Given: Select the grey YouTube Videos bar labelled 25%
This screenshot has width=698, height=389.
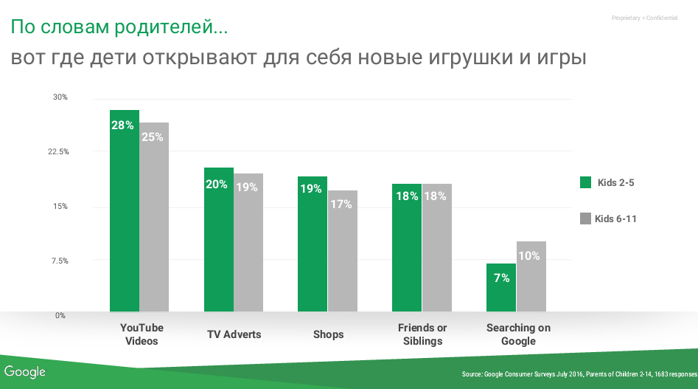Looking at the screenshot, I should pos(155,217).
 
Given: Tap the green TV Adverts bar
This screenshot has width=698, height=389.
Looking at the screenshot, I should pos(219,239).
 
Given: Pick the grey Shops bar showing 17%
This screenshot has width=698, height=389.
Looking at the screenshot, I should pos(343,251).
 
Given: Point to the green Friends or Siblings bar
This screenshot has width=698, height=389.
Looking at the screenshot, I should pos(407,247).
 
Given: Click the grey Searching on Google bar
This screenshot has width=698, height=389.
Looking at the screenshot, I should pos(531,276).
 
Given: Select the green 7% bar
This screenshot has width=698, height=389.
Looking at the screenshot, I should pos(501,287).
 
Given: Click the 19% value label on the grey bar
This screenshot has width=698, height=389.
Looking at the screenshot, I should pos(247,187).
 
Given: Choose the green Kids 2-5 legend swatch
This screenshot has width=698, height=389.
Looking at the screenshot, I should pos(586,182).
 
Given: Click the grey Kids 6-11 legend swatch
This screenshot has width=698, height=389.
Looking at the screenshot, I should pos(586,218).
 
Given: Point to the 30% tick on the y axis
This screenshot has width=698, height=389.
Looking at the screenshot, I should pos(60,97).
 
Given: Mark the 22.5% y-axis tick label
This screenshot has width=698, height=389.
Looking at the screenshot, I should pos(58,152).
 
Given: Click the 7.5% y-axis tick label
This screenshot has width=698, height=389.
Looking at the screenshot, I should pos(59,261).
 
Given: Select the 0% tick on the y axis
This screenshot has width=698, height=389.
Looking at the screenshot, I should pos(61,315).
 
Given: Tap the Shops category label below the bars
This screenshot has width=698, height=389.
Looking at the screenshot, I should pos(328,334).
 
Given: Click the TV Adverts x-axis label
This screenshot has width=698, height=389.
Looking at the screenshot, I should pos(234,334).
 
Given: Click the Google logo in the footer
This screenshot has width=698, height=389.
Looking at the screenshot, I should pos(25,372).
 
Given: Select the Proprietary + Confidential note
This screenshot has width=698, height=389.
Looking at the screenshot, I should pos(644,18).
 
